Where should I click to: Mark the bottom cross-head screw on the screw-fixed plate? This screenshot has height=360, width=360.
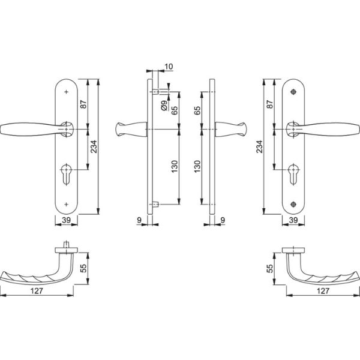coord(293,202)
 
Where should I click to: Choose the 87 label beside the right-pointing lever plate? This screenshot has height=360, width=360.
coord(269,103)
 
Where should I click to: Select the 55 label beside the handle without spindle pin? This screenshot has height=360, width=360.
coord(269,269)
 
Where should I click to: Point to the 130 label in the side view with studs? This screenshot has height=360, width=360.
coord(173,166)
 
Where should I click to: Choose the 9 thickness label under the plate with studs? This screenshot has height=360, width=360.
coord(139,221)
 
